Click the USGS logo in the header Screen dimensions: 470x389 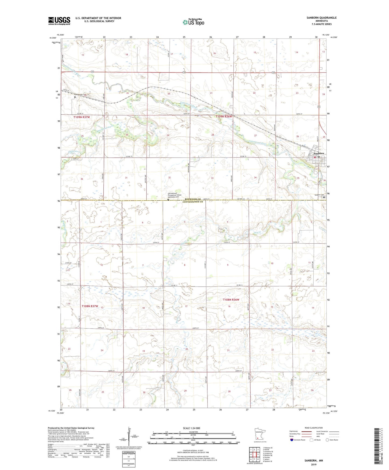[59, 21]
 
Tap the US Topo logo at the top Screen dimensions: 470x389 [193, 22]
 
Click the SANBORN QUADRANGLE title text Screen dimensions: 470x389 [321, 18]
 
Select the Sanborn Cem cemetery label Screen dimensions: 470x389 [318, 195]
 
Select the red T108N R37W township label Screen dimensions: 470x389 [90, 306]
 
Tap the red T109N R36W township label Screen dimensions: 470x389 [223, 117]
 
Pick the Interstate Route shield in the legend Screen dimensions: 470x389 [292, 440]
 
